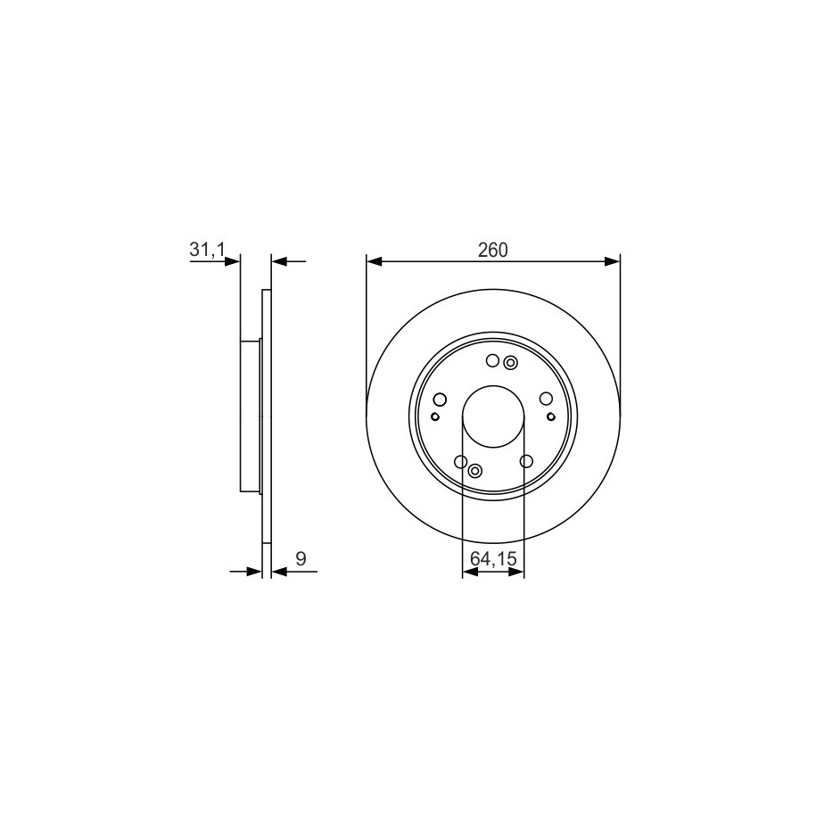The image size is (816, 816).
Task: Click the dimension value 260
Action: [x=492, y=251]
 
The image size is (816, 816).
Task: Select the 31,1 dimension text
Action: [x=207, y=250]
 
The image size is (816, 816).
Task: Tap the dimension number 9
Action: [x=301, y=559]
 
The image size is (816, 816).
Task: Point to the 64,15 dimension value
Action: [x=493, y=559]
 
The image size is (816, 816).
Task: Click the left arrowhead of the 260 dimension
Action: [x=374, y=261]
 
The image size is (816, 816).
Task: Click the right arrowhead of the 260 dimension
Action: [x=613, y=261]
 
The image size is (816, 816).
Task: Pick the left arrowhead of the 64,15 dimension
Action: [x=470, y=572]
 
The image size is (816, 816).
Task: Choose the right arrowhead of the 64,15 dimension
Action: [x=516, y=572]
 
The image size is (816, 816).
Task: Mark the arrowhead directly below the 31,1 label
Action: [x=233, y=261]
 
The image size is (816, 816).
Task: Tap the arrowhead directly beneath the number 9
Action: [x=279, y=572]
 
